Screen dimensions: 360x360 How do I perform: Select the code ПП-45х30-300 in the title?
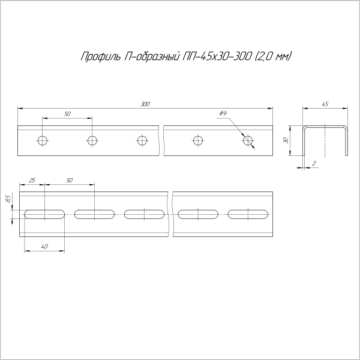coord(218,57)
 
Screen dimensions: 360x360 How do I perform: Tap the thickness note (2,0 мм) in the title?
coord(274,57)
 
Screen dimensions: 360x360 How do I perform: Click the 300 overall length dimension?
coord(145,104)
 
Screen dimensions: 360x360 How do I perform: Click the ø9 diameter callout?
coord(223,113)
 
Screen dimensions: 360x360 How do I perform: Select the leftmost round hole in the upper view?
coord(42,141)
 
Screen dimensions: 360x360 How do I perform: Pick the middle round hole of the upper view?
coord(142,141)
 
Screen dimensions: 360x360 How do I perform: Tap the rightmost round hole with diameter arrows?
coord(248,141)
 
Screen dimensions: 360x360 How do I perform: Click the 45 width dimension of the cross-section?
coord(325,104)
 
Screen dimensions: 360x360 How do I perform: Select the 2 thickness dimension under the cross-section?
coord(314,163)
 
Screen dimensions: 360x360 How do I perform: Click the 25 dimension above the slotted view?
coord(32,180)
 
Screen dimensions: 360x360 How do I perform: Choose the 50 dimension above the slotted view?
coord(69,180)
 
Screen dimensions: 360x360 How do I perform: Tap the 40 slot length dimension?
coord(44,247)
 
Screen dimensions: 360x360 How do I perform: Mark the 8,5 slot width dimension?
coord(8,198)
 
